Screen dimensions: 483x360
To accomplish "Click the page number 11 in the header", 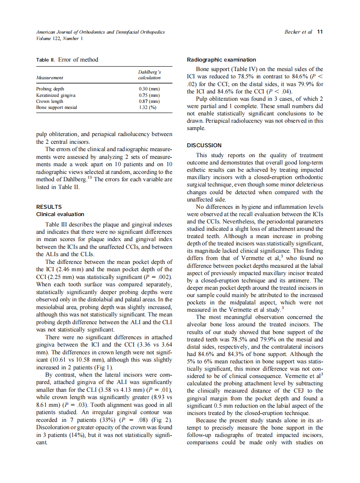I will coord(320,32).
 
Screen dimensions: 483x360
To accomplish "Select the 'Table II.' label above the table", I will coord(46,60).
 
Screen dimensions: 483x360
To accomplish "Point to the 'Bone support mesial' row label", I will coord(57,107).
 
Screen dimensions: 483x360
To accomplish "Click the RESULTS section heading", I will coord(49,207).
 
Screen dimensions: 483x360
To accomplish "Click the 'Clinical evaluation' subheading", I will coord(60,214).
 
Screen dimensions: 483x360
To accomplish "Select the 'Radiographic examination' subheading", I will coord(221,60).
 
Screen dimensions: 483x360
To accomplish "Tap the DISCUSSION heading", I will coord(204,145).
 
